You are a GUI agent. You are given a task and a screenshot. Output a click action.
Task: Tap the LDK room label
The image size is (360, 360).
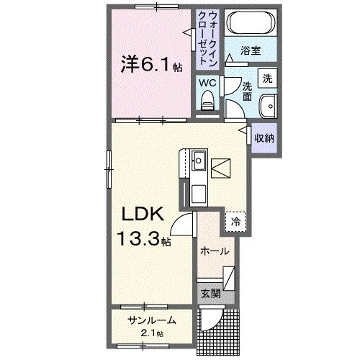click(147, 214)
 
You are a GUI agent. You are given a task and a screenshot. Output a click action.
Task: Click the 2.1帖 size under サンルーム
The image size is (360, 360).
click(151, 333)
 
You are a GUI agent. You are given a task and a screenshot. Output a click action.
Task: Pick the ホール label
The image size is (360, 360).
click(215, 251)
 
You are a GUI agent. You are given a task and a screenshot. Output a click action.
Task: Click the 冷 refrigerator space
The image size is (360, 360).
click(235, 222)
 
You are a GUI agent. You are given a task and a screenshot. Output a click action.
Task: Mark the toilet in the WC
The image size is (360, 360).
click(209, 99)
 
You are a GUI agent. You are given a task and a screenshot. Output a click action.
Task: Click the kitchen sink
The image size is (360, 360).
click(198, 159)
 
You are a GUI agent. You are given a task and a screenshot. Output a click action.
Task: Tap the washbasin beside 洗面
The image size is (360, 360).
click(268, 104)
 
